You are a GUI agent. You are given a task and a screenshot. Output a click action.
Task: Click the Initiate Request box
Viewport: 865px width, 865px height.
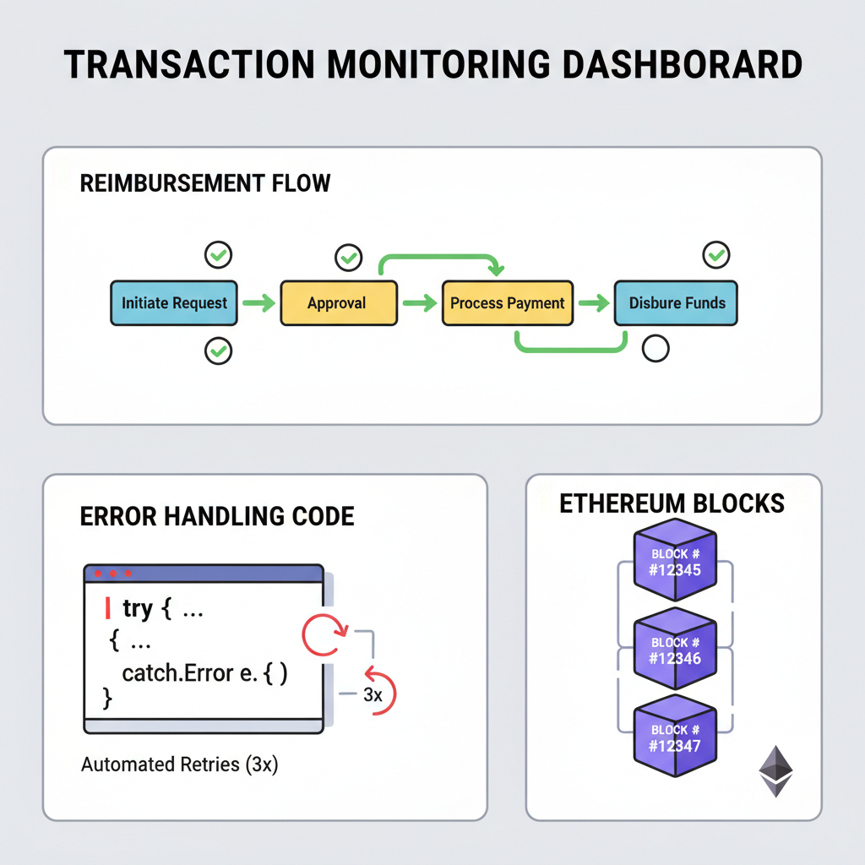coord(174,303)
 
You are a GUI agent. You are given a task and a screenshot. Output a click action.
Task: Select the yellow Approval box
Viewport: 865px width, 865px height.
coord(338,303)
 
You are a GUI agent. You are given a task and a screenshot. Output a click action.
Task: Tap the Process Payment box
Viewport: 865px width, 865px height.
coord(508,303)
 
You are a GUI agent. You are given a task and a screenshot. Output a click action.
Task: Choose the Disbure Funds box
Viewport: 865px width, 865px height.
coord(676,303)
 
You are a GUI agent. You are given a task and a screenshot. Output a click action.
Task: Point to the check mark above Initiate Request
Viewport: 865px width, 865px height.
coord(219,253)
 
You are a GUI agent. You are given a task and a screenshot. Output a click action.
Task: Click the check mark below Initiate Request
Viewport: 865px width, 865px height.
coord(219,351)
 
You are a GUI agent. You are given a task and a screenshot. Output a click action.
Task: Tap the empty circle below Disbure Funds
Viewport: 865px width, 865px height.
coord(656,348)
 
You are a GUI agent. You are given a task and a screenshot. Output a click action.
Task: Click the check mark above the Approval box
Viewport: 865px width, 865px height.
coord(348,257)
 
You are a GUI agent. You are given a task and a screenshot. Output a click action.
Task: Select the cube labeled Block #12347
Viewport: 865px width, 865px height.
coord(675,737)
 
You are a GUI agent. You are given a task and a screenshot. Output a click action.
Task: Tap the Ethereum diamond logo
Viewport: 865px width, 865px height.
coord(775,770)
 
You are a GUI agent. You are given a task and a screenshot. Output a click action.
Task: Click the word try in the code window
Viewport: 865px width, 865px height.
coord(139,608)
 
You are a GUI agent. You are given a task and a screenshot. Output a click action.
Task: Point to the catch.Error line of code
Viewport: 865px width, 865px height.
coord(205,673)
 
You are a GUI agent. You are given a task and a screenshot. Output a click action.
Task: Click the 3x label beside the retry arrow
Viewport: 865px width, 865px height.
coord(373,694)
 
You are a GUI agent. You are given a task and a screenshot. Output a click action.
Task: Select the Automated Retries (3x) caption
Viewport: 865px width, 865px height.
coord(179,765)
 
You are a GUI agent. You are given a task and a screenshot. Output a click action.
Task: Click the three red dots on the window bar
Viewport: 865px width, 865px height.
coord(112,574)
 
